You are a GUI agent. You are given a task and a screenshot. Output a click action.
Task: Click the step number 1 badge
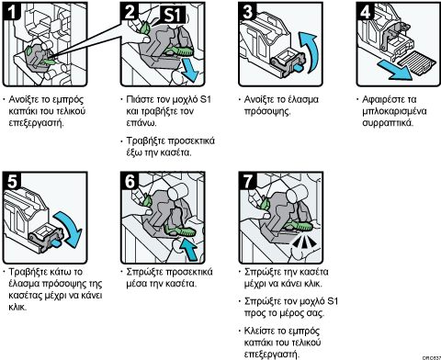[x=11, y=11]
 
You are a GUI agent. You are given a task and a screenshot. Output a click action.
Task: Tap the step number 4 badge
[x=365, y=11]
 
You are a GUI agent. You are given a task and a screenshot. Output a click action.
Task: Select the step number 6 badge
[x=130, y=181]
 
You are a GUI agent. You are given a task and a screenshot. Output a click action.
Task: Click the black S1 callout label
[x=174, y=15]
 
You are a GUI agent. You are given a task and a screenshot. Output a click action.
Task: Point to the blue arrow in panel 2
[x=188, y=70]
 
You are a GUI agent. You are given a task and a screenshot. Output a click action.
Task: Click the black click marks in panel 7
[x=303, y=242]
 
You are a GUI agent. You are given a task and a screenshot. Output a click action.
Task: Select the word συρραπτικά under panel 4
[x=388, y=123]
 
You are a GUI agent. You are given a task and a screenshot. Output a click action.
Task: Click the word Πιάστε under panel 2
[x=140, y=100]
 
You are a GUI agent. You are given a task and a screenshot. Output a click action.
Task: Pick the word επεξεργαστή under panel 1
[x=36, y=123]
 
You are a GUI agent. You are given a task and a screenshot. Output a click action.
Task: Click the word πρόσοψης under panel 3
[x=267, y=111]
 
